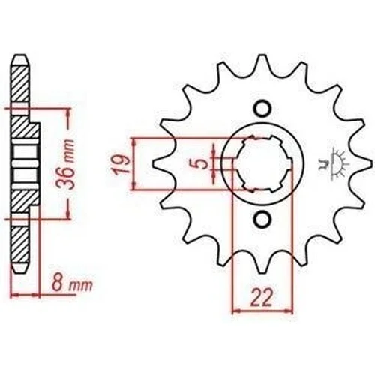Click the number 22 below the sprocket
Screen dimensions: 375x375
(261, 297)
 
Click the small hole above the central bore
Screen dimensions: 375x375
(262, 108)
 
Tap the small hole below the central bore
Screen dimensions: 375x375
(262, 219)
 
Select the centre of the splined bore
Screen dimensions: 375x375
(262, 163)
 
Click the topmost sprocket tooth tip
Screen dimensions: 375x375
(262, 55)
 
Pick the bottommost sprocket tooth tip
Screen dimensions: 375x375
(262, 272)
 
